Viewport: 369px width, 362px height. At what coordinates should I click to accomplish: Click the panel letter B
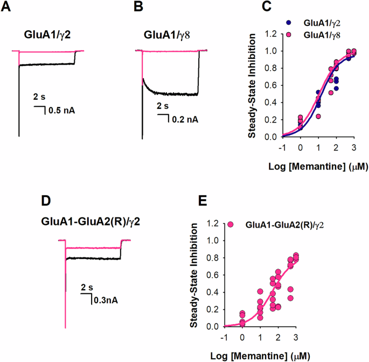pos(138,9)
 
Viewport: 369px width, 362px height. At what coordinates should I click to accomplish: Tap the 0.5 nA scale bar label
pos(61,111)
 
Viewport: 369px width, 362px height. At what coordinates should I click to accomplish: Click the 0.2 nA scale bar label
pos(186,119)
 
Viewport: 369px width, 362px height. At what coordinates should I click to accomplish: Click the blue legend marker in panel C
pos(291,24)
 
